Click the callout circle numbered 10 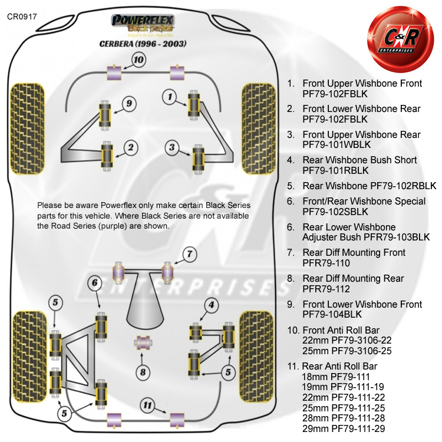click(138, 60)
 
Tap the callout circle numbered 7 click(189, 255)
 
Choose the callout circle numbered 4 click(210, 305)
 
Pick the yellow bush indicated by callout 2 click(107, 154)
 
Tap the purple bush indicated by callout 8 click(141, 342)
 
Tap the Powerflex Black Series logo click(144, 24)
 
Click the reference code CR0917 click(22, 17)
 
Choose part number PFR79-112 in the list click(326, 289)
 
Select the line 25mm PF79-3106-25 click(346, 351)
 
